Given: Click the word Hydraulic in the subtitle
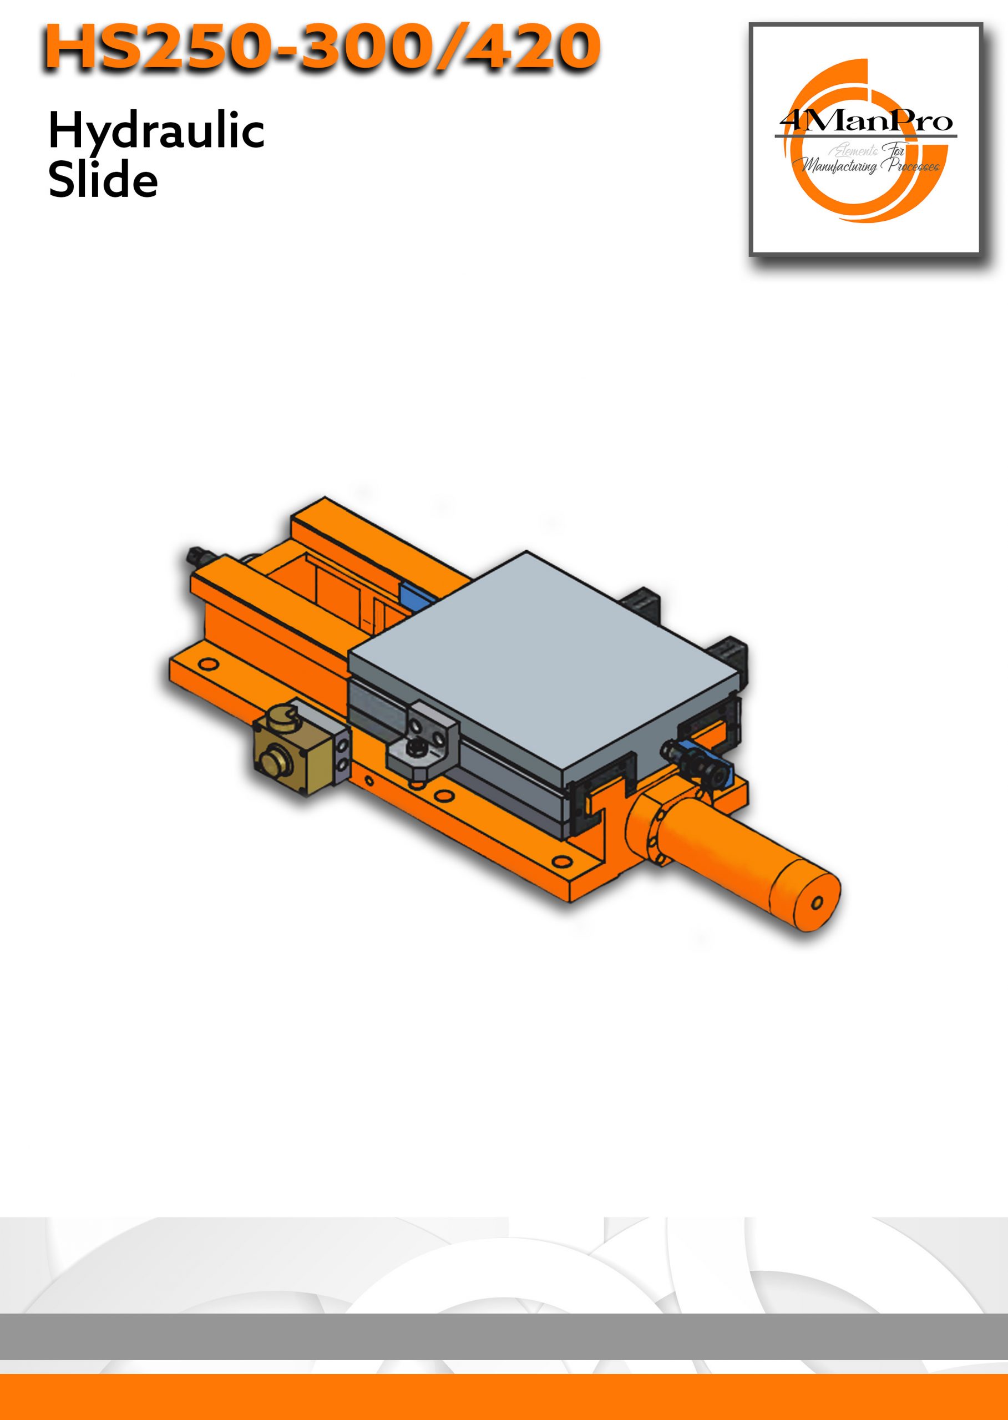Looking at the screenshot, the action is point(156,133).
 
